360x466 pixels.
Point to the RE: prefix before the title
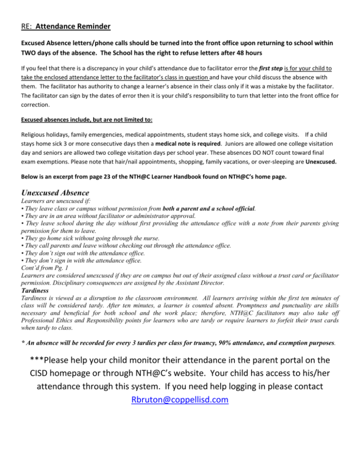coord(28,21)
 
